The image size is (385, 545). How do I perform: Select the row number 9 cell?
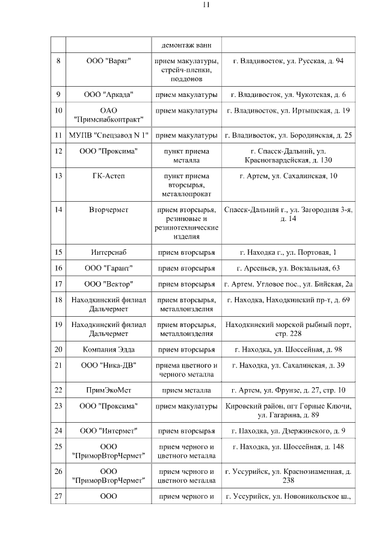(58, 95)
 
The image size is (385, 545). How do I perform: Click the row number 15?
(58, 252)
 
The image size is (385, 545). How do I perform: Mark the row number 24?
(58, 431)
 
